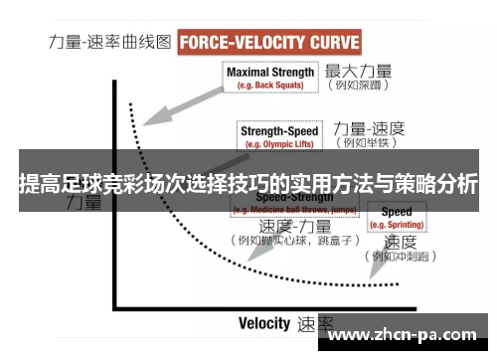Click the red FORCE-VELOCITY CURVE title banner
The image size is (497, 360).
click(x=269, y=43)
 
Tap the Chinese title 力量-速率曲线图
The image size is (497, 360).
click(x=110, y=43)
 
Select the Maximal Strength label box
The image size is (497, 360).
click(x=270, y=78)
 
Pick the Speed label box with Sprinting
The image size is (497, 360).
click(x=397, y=217)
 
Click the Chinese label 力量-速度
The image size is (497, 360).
click(x=369, y=128)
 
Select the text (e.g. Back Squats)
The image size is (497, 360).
click(x=270, y=86)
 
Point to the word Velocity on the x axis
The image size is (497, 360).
click(x=263, y=323)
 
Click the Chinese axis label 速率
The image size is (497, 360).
click(x=316, y=324)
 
